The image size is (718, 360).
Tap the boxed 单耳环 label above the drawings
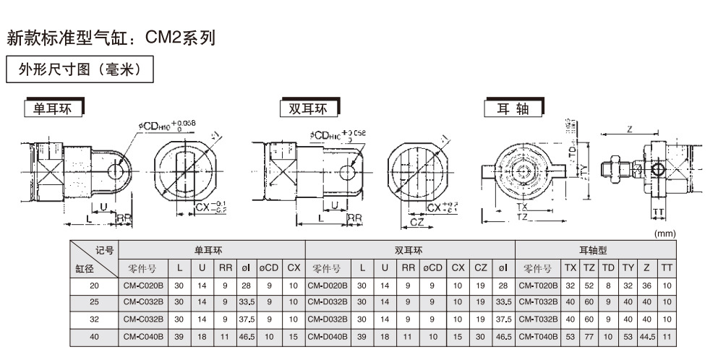[54, 109]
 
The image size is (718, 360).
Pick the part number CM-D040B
[328, 335]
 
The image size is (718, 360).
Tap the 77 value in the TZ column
[589, 335]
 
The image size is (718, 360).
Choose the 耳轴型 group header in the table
[597, 250]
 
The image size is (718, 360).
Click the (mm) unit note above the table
[663, 234]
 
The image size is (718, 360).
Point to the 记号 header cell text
[104, 250]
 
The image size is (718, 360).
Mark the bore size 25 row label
[93, 302]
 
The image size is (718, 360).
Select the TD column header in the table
[608, 268]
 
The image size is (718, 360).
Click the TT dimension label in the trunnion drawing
[658, 212]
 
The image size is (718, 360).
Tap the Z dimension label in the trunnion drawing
[630, 129]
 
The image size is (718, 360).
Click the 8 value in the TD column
[608, 286]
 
